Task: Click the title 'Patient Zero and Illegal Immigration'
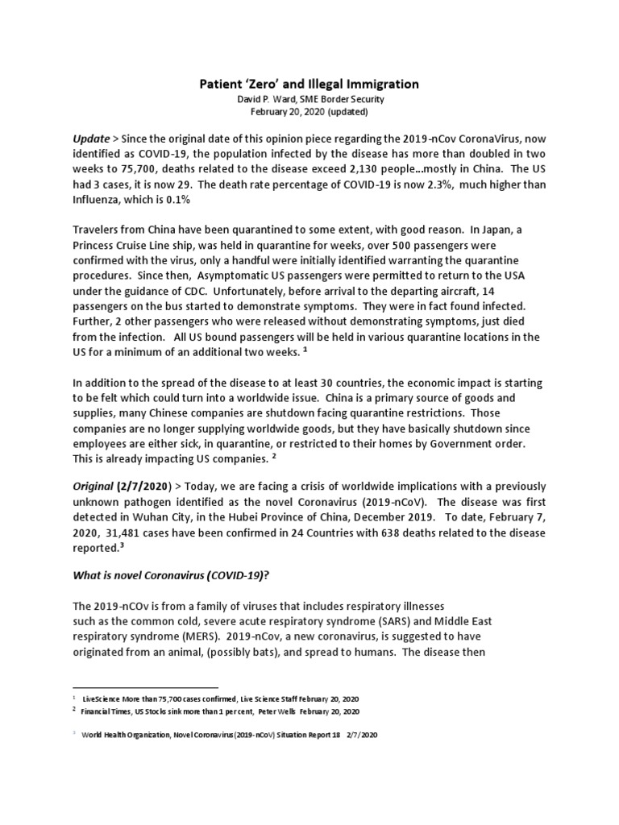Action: [309, 83]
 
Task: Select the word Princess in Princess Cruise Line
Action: [99, 246]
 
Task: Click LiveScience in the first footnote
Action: [106, 698]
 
